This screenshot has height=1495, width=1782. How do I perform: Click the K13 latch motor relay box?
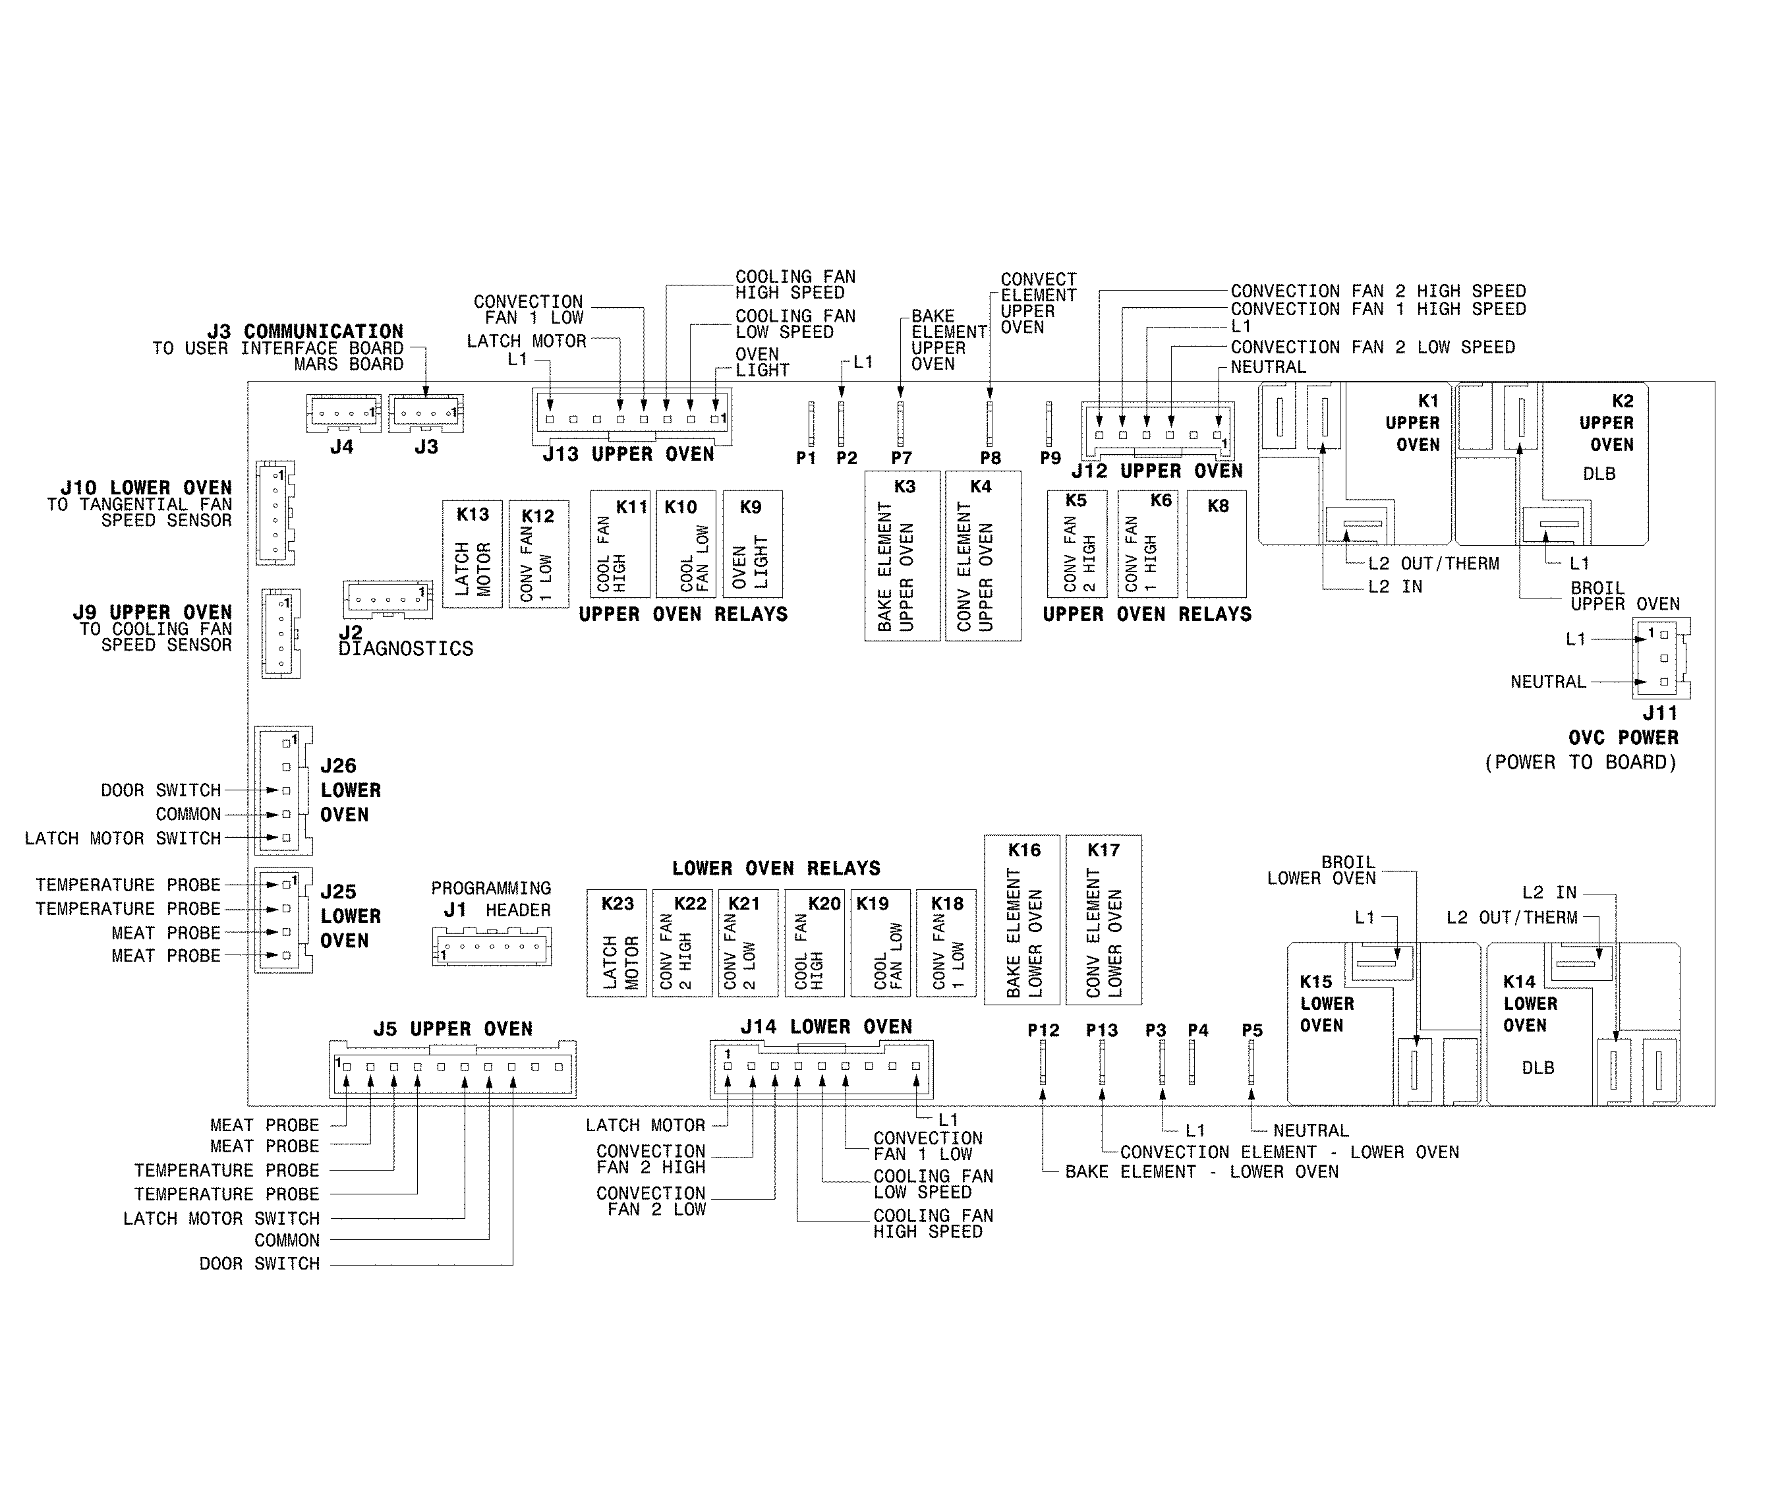(472, 554)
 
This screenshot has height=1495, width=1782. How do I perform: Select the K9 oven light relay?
(752, 544)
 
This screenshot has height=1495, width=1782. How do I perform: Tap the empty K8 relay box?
(1216, 544)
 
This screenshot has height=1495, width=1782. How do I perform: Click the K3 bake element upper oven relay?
(902, 556)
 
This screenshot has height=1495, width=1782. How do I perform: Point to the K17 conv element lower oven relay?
(1103, 920)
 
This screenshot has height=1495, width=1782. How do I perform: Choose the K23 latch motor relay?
(617, 943)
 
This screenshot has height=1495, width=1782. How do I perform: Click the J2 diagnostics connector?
(388, 599)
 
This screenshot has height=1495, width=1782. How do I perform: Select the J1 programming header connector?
(492, 946)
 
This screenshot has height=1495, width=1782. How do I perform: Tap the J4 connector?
(343, 413)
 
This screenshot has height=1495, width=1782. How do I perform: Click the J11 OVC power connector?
(1660, 658)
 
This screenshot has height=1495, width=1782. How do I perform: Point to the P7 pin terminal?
(900, 424)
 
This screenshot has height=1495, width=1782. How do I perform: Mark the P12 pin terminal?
(1043, 1062)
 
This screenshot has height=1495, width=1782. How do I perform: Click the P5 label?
(1251, 1031)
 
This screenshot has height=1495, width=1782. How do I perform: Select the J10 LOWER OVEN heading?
(145, 488)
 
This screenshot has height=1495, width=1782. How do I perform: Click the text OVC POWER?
(1623, 738)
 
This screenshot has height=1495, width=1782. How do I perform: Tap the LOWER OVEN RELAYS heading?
(776, 869)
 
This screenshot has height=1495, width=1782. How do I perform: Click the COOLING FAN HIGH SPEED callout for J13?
(794, 284)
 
